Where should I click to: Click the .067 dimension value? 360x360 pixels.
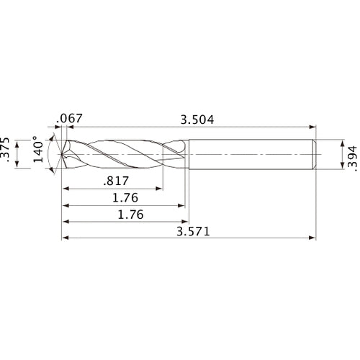coord(69,118)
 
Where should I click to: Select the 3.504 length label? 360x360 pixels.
coord(197,120)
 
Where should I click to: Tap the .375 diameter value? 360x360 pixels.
coord(5,150)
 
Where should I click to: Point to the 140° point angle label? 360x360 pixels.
coord(38,149)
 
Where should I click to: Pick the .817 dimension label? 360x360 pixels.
coord(116,181)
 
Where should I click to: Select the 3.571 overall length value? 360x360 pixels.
coord(193,232)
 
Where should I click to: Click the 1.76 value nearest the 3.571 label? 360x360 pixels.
coord(131,215)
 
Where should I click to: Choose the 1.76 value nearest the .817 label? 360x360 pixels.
coord(125,198)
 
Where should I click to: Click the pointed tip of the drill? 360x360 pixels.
coord(62,154)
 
